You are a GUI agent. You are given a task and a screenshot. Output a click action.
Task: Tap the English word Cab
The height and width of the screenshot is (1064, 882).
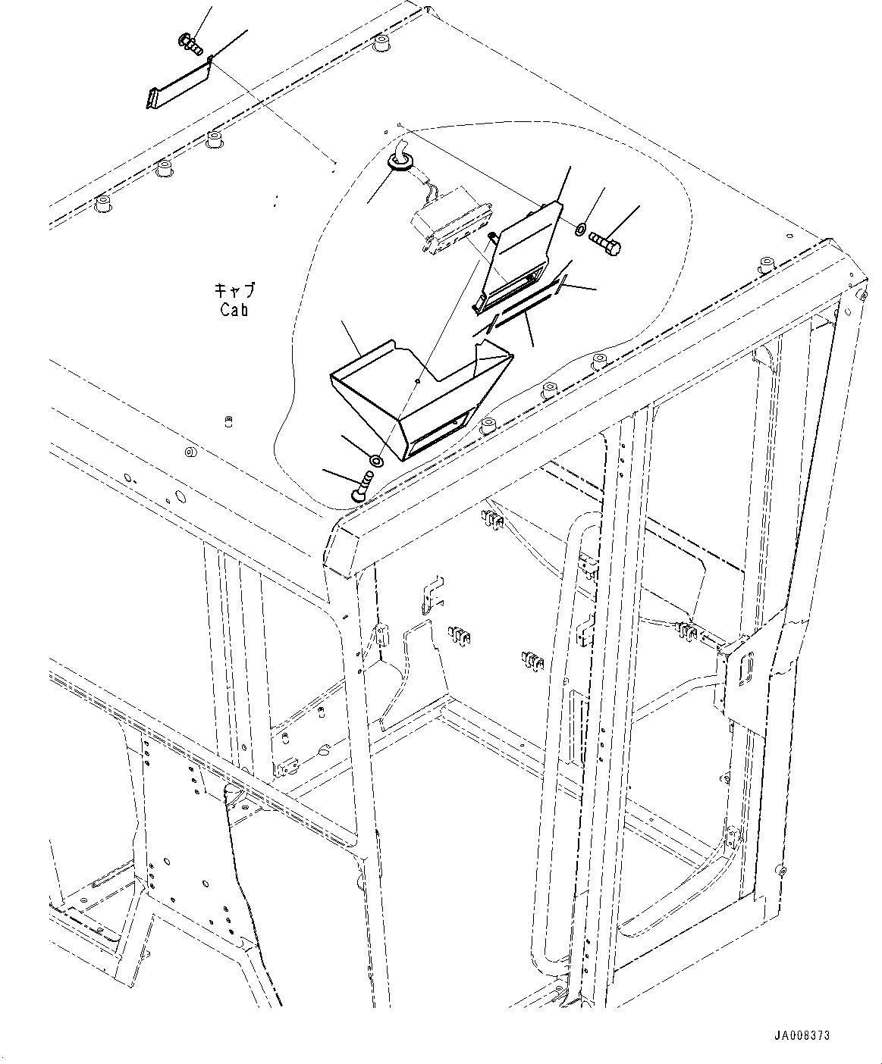(234, 310)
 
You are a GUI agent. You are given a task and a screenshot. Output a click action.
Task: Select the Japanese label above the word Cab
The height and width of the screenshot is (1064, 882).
(234, 291)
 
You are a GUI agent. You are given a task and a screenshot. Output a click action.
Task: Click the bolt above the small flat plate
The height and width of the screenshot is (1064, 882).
(191, 44)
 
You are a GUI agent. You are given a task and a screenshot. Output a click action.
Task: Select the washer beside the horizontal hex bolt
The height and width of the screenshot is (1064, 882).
(580, 230)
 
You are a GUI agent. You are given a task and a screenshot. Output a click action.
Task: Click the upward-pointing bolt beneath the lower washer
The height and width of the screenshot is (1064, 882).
(363, 487)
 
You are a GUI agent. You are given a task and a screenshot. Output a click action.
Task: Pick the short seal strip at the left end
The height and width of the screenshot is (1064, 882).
(491, 324)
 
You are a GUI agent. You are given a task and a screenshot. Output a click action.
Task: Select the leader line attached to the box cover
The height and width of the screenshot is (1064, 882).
(351, 339)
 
